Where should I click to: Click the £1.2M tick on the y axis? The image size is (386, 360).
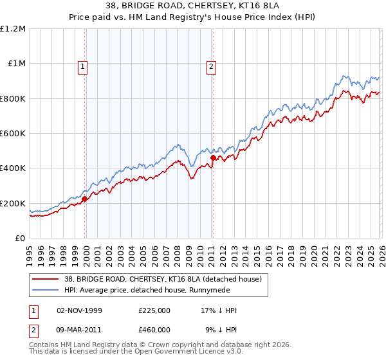pyautogui.click(x=13, y=28)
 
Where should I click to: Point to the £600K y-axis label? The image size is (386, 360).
pyautogui.click(x=13, y=133)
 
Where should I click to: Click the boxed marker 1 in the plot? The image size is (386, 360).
pyautogui.click(x=84, y=65)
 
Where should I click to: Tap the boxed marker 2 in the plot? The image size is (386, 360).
pyautogui.click(x=212, y=65)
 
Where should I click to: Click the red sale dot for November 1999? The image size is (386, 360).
pyautogui.click(x=84, y=199)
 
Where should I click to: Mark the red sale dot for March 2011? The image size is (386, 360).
pyautogui.click(x=213, y=157)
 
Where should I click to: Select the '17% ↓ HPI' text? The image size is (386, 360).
pyautogui.click(x=219, y=310)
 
